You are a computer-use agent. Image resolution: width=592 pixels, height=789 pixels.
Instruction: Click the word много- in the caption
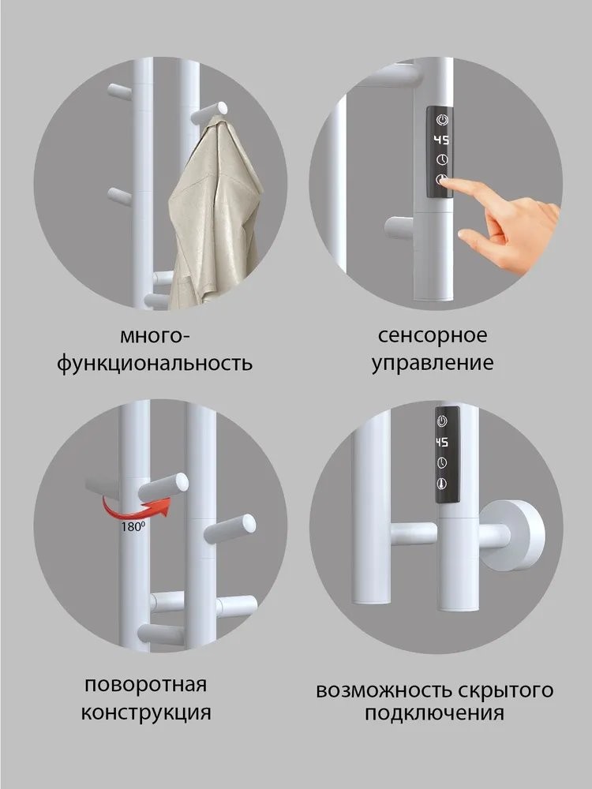tap(155, 335)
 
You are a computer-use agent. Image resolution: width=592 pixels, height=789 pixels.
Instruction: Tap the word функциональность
tap(155, 364)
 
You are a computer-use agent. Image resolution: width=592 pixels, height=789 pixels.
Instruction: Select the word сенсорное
tap(443, 335)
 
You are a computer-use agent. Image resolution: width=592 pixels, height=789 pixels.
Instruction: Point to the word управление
tap(443, 364)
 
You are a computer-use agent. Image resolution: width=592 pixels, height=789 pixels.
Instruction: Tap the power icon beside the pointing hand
tap(441, 119)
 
